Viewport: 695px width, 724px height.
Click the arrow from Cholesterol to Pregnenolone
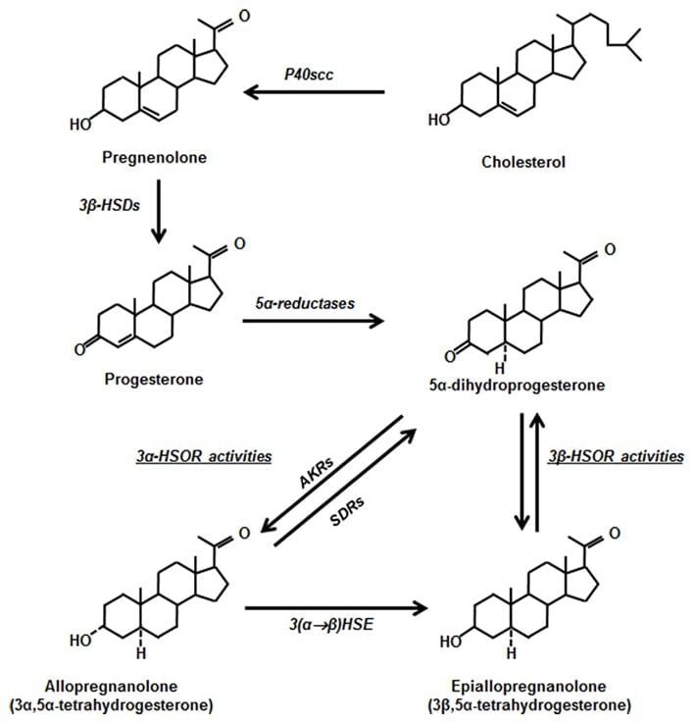pos(314,93)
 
